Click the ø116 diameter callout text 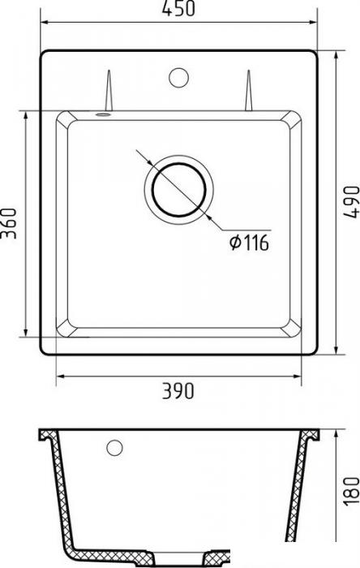(x=249, y=242)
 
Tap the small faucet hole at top (x=176, y=79)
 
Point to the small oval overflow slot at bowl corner (x=102, y=114)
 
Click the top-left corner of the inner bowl (x=60, y=117)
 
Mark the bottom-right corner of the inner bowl (x=297, y=334)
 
